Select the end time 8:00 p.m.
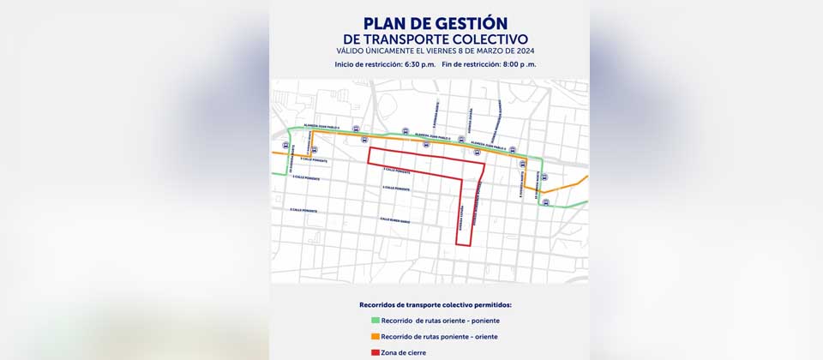520,64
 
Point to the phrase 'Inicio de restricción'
363,64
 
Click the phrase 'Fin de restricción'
471,64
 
